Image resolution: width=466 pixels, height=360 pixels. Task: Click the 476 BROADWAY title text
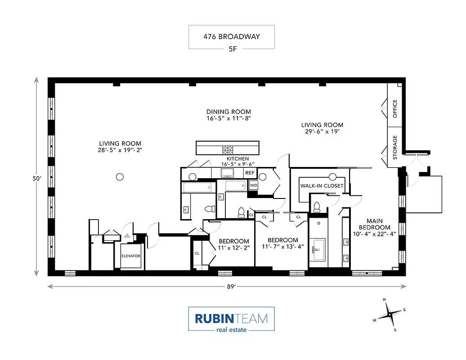click(231, 36)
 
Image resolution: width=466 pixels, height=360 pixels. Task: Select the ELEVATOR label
click(131, 256)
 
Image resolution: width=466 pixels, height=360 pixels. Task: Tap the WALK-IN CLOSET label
click(322, 186)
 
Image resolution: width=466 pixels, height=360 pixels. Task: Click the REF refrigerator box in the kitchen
click(250, 173)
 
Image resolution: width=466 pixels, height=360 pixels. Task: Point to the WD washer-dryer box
click(254, 185)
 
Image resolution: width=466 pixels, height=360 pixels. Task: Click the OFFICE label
click(395, 108)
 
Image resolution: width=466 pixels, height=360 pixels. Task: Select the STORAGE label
click(395, 147)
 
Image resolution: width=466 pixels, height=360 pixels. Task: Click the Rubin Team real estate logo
click(231, 319)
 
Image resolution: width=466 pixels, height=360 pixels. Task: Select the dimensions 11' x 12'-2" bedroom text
click(234, 248)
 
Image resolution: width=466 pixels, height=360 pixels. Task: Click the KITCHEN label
click(237, 159)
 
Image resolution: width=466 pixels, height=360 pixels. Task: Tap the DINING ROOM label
click(229, 112)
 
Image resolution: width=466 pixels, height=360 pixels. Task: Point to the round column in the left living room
click(120, 177)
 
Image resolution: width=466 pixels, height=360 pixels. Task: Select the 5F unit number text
click(231, 48)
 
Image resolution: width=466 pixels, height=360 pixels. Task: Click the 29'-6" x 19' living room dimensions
click(322, 132)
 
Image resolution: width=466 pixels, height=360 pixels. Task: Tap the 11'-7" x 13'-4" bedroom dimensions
click(283, 247)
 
